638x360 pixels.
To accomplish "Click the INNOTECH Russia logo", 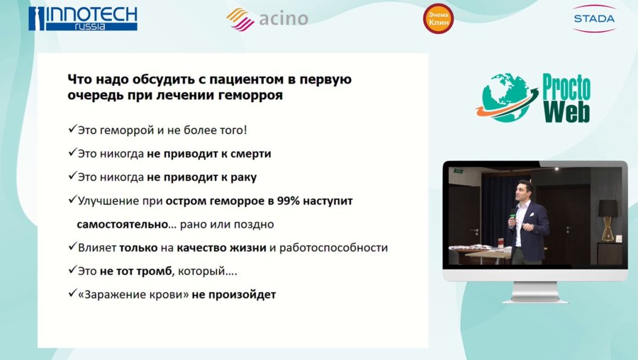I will coord(82,18).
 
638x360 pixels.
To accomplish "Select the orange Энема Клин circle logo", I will coord(438,18).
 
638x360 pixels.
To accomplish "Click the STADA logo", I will coord(593,18).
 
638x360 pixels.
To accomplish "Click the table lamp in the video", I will coord(607,216).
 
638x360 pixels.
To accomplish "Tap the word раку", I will coord(242,177).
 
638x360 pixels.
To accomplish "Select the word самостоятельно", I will coord(117,224).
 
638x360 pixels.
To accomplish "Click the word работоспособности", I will coord(335,247).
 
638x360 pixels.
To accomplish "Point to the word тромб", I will coord(156,271).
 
